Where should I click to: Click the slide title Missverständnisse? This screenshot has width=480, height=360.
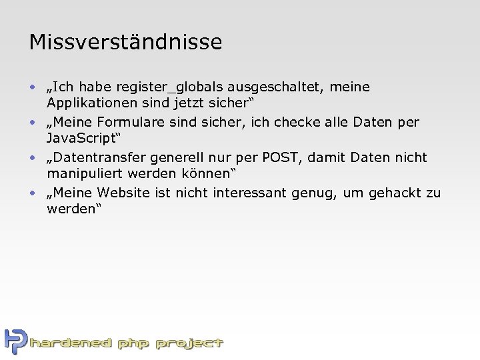pos(125,43)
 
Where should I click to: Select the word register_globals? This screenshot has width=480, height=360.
pos(169,87)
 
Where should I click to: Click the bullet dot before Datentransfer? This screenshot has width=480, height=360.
pos(32,159)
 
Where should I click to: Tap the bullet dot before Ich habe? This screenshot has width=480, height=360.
pos(32,88)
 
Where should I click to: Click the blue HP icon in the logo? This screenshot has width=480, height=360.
pos(15,341)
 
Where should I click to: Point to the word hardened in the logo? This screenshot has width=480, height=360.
pos(71,344)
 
